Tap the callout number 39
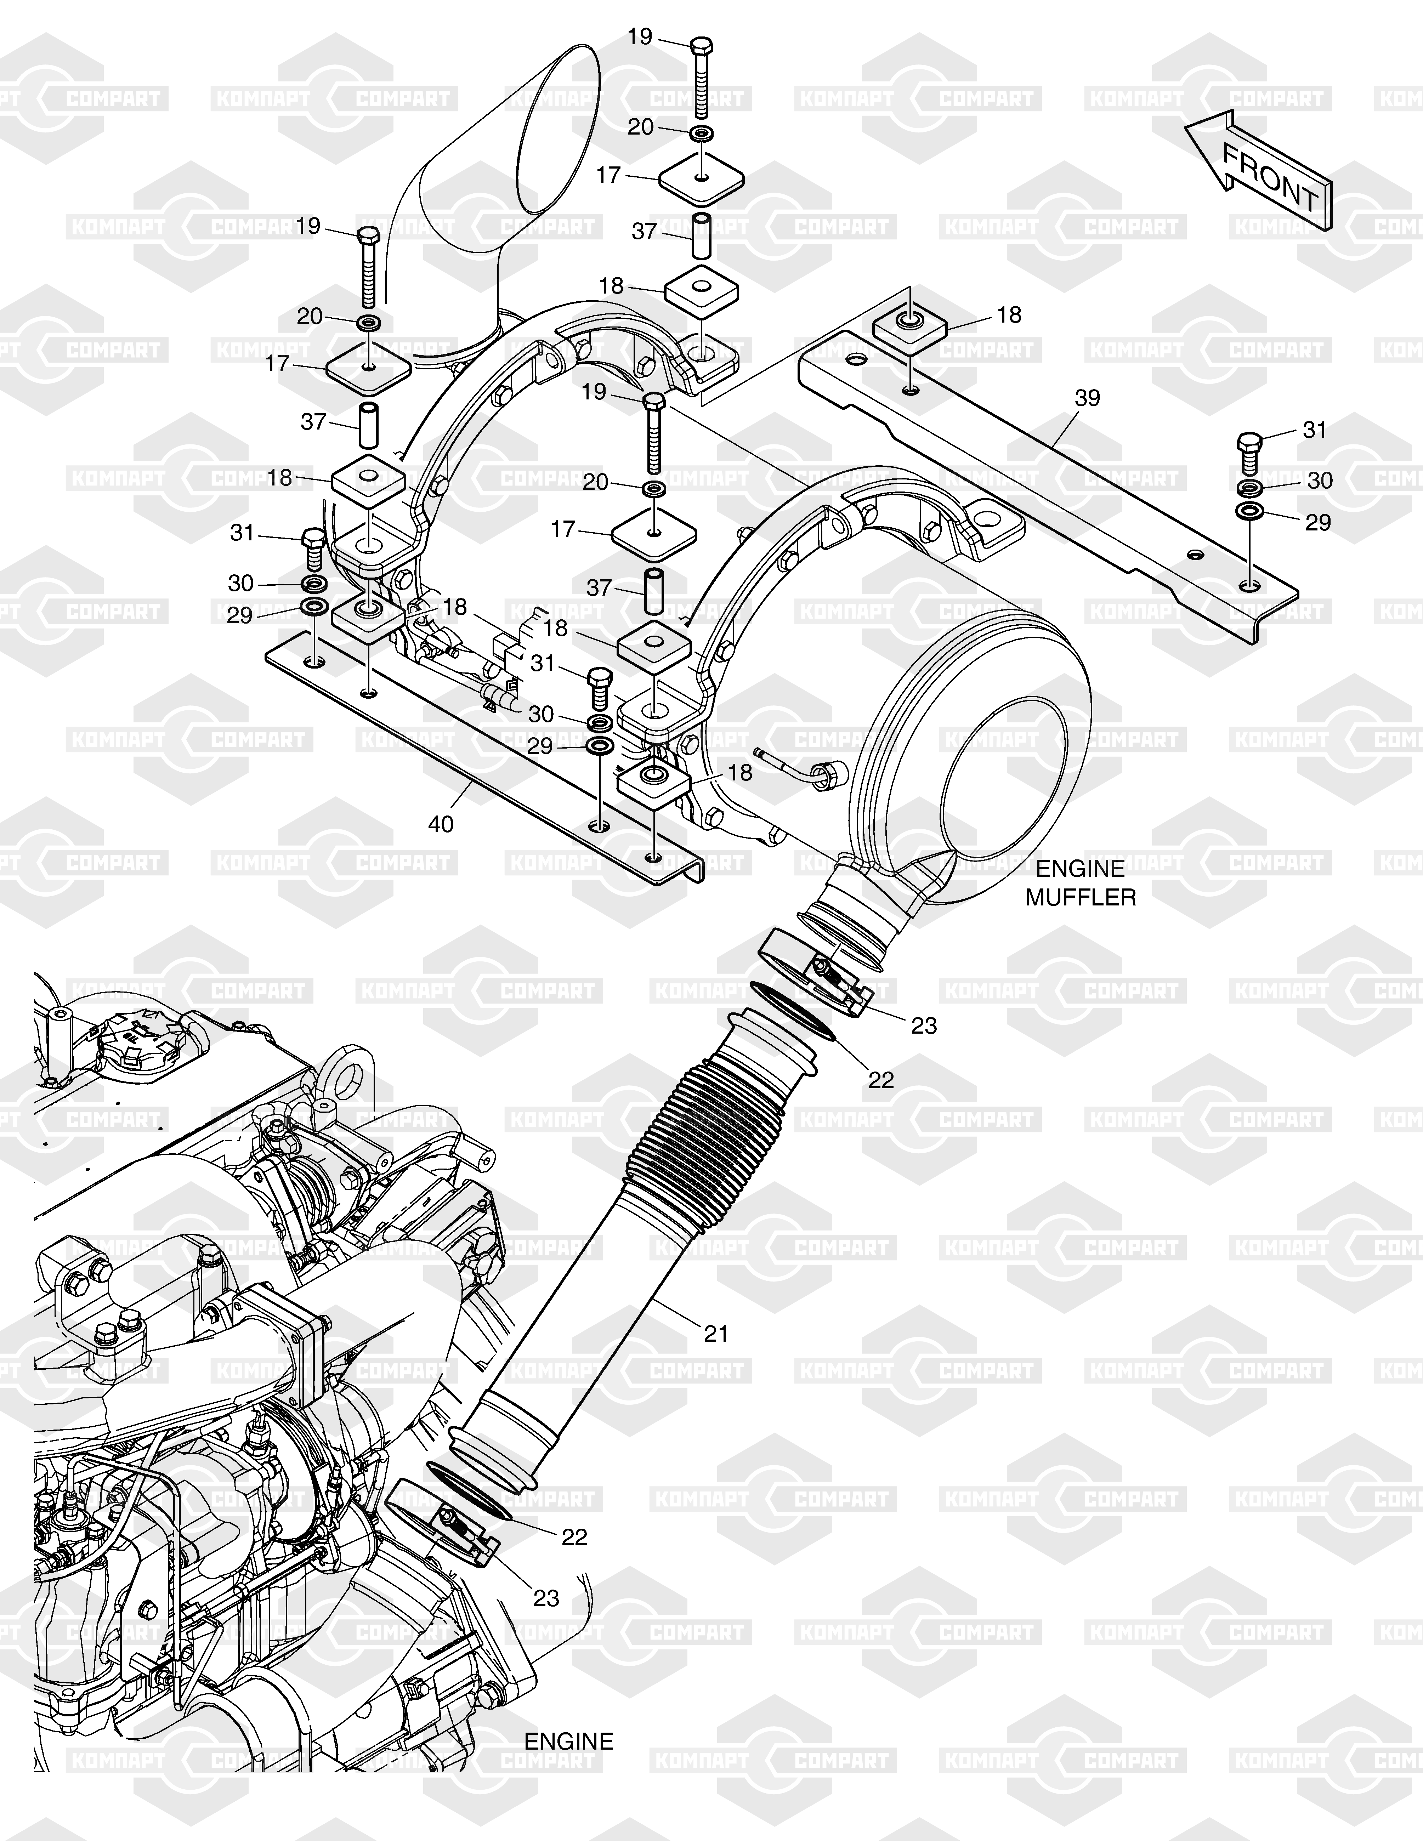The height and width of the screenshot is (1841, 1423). click(1088, 397)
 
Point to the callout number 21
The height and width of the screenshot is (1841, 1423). click(716, 1333)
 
